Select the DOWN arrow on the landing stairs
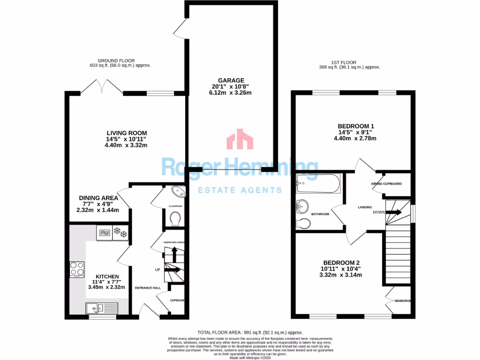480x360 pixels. [394, 212]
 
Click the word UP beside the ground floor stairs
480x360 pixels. [158, 270]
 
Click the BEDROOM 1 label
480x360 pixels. [356, 126]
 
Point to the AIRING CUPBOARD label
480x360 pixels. [386, 184]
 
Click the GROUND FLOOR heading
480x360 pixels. [116, 60]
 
